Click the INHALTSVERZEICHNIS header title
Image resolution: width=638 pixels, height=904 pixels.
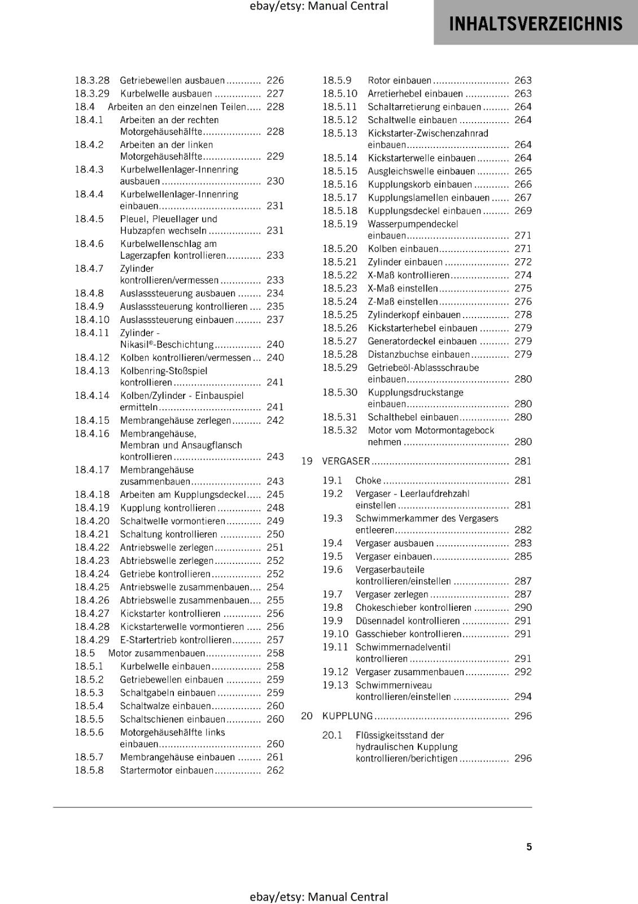535,24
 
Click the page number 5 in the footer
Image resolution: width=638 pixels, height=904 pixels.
529,846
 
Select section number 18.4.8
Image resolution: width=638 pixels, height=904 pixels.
89,293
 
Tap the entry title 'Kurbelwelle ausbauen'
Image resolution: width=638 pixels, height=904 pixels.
166,94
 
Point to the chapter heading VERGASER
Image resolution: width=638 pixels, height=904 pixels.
346,461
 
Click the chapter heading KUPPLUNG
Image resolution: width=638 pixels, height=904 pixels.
347,716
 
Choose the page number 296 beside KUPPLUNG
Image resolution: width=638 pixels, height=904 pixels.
523,716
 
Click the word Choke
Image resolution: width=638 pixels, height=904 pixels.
368,480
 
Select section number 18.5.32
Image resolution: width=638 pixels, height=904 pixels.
340,430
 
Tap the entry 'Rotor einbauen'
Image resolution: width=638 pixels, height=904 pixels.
400,80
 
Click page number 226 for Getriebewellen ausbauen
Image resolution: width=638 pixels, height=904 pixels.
275,80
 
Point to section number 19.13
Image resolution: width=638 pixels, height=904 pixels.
335,685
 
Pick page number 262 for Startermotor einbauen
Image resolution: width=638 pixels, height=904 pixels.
275,770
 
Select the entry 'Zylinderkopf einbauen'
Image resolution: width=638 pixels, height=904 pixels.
414,315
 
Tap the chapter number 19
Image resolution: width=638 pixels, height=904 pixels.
307,461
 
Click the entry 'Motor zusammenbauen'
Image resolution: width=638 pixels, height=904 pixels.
156,653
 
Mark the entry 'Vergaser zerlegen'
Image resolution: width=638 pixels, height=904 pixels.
392,594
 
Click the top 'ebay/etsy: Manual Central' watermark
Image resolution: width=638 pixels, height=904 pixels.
319,6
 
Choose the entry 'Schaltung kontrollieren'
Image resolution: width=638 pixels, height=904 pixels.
168,534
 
